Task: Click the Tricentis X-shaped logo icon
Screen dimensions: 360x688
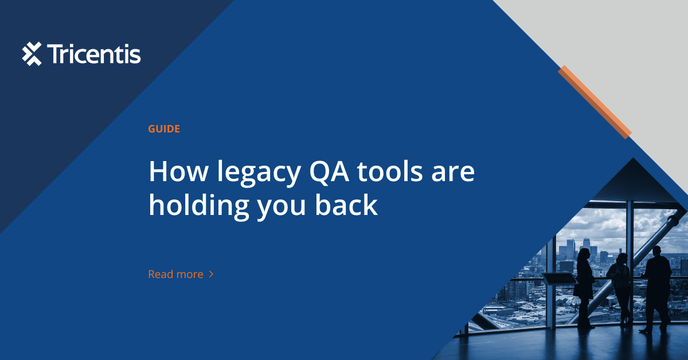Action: (x=32, y=54)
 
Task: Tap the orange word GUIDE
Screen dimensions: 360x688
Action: (x=164, y=129)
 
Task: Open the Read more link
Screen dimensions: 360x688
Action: (x=175, y=275)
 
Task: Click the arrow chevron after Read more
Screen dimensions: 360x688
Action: (x=211, y=275)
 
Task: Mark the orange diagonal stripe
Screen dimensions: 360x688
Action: (x=595, y=101)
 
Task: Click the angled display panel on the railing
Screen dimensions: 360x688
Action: (x=559, y=279)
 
